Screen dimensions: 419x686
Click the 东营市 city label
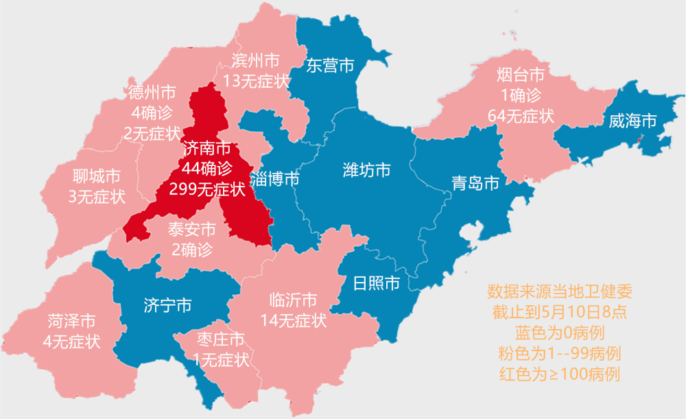[x=330, y=66]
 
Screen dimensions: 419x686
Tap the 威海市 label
[x=632, y=121]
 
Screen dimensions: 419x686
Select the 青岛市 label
[x=475, y=182]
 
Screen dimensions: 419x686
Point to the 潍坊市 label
[x=367, y=169]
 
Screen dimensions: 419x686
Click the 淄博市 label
[x=274, y=180]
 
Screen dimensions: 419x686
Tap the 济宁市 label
[x=168, y=305]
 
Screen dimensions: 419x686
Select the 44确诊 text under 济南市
[x=207, y=168]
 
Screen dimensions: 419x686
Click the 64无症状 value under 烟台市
[x=521, y=115]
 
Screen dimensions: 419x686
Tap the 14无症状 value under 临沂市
[x=294, y=320]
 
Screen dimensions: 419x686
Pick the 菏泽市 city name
[x=71, y=321]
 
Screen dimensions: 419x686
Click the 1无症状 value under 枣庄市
[x=221, y=359]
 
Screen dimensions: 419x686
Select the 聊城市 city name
[x=97, y=176]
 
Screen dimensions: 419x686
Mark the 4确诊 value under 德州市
[x=152, y=112]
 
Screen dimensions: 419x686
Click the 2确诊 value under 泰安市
[x=192, y=249]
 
